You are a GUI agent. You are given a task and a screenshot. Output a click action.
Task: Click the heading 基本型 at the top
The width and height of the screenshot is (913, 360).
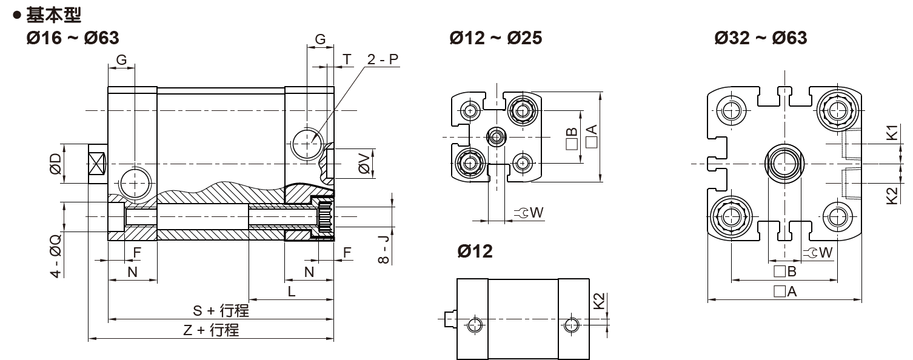(x=54, y=15)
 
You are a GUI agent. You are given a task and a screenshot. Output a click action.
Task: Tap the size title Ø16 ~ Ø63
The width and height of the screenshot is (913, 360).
(x=73, y=38)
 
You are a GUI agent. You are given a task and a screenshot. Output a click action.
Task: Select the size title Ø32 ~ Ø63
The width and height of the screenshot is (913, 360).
(x=761, y=38)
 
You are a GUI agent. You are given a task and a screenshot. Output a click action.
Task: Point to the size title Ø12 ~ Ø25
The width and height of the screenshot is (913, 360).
(x=496, y=38)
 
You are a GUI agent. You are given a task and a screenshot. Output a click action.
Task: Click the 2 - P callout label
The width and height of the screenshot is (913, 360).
(x=383, y=59)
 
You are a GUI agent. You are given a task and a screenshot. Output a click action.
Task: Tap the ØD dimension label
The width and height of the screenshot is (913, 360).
(x=55, y=164)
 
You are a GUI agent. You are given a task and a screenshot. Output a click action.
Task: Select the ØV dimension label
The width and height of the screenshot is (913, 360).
(x=364, y=164)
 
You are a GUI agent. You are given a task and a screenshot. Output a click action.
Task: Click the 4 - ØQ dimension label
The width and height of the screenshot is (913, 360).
(x=55, y=256)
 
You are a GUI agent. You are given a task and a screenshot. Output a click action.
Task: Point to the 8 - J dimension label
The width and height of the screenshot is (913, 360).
(x=384, y=249)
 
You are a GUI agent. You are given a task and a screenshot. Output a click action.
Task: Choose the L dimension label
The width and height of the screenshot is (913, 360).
(x=292, y=292)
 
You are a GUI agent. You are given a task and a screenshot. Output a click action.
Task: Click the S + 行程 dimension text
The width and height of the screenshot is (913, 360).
(x=221, y=311)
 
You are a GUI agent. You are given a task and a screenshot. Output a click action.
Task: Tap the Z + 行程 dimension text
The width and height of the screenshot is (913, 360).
(x=211, y=330)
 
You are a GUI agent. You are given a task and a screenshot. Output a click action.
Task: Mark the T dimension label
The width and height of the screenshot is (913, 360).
(x=347, y=59)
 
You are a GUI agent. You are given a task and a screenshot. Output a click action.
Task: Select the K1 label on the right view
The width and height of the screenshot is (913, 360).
(x=892, y=133)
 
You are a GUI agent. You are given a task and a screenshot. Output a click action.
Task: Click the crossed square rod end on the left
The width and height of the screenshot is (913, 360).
(x=97, y=164)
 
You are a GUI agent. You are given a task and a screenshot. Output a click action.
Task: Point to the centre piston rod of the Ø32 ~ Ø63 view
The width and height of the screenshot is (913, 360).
(x=784, y=164)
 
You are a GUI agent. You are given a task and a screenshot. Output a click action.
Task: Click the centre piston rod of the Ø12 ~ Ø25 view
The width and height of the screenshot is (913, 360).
(x=497, y=137)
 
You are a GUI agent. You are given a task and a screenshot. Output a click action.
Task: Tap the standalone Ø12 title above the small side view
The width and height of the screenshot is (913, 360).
(x=475, y=252)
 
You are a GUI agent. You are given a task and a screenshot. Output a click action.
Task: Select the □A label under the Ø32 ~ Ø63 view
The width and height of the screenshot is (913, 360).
(x=785, y=292)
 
